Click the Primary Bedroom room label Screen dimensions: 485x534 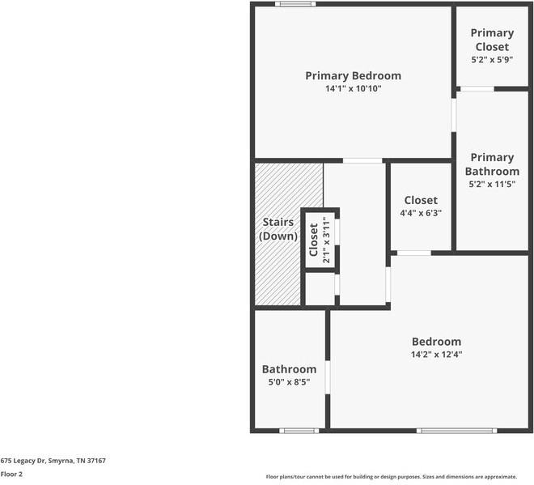point(353,75)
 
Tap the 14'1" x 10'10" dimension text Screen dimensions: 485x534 point(353,88)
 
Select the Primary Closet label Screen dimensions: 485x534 point(492,40)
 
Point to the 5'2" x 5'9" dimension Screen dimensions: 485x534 point(492,60)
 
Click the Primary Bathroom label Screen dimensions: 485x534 point(492,164)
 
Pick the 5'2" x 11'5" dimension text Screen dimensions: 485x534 point(492,184)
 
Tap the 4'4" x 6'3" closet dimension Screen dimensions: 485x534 point(420,213)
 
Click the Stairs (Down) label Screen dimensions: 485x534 point(278,229)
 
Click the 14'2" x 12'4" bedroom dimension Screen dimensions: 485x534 point(436,354)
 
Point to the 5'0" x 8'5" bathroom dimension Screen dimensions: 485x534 point(289,382)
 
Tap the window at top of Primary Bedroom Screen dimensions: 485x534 point(295,4)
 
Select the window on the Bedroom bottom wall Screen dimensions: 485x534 point(445,430)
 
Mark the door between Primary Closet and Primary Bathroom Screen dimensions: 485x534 point(477,89)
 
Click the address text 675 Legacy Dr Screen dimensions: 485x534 point(53,461)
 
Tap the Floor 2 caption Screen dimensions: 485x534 point(11,474)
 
